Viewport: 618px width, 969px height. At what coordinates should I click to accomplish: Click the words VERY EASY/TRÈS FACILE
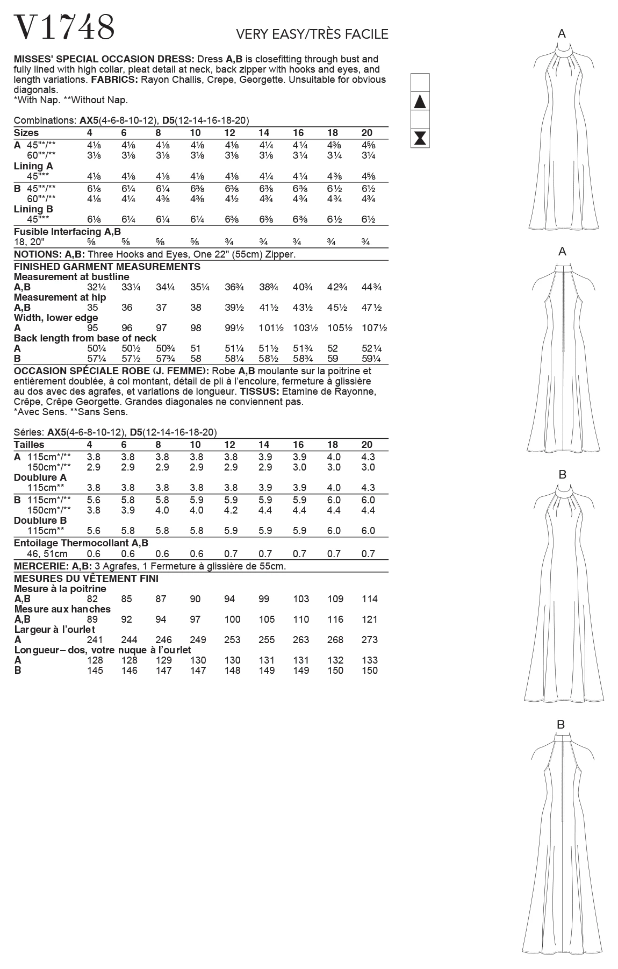coord(312,35)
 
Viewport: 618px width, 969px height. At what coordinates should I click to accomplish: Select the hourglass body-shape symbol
coord(420,138)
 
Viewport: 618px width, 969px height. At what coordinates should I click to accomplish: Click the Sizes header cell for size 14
coord(264,133)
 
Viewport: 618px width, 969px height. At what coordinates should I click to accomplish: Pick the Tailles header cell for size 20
coord(367,445)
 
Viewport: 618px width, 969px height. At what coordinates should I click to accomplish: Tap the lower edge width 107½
coord(374,328)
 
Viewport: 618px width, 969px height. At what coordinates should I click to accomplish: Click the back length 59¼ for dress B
coord(370,359)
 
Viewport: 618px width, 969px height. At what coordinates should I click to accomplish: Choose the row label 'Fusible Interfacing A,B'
coord(67,232)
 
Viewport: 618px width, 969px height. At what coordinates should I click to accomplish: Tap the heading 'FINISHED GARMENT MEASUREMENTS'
coord(107,267)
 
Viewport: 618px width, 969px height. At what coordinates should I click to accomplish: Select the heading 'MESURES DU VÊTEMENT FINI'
coord(86,579)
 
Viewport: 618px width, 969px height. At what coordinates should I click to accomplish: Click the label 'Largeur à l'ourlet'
coord(55,629)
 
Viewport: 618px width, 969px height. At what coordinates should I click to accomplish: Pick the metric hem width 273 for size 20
coord(370,640)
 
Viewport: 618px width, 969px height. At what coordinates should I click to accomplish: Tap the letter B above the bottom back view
coord(561,725)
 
